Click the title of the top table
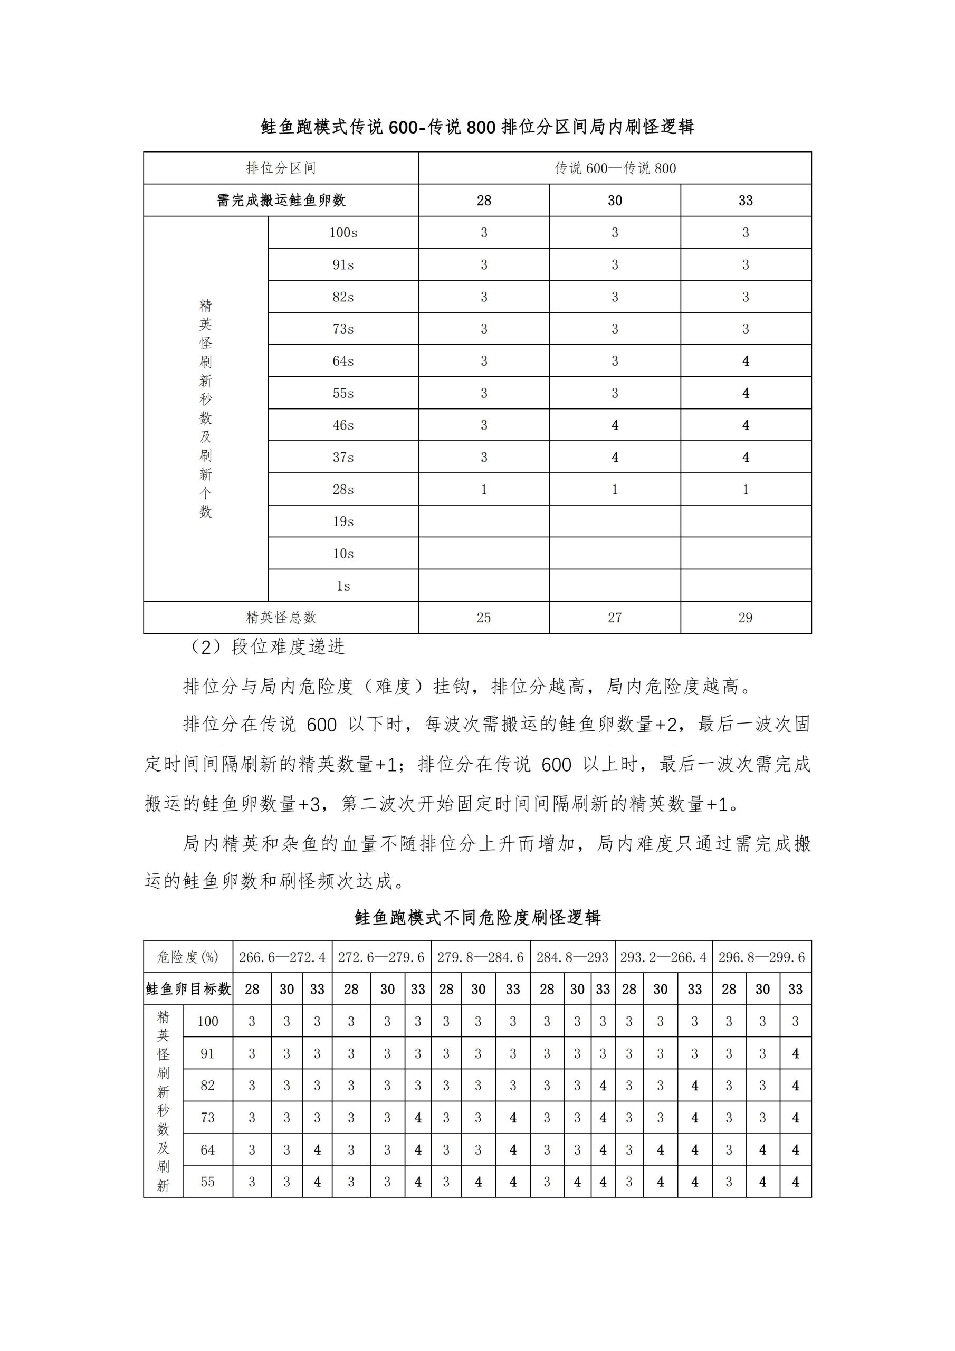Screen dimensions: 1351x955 (477, 127)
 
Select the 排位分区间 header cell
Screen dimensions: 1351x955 (281, 168)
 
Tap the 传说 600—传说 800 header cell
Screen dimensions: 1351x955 (615, 168)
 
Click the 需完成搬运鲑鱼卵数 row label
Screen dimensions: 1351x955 (281, 201)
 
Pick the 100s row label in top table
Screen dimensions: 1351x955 (343, 232)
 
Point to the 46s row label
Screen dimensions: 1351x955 (343, 425)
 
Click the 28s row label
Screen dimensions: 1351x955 (343, 489)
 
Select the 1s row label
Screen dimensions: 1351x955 (343, 585)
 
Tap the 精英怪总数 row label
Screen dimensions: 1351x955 (281, 617)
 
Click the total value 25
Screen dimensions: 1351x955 (484, 617)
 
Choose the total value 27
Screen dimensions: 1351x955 (615, 617)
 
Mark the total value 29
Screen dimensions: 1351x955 (746, 617)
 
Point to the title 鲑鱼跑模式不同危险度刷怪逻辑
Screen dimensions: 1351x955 (477, 917)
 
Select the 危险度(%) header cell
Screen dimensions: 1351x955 (188, 957)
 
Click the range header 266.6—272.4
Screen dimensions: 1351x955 (282, 957)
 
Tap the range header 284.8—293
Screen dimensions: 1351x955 (572, 957)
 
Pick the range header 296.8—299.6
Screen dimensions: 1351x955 (761, 957)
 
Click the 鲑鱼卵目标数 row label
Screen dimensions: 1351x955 (188, 989)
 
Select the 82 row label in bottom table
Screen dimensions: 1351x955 (207, 1085)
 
